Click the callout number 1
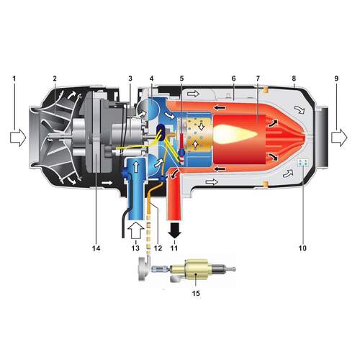click(14, 78)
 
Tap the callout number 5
click(181, 78)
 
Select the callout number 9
click(336, 78)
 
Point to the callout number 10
click(302, 248)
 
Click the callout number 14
click(96, 248)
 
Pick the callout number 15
click(196, 293)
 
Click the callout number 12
click(158, 248)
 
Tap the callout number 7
click(258, 78)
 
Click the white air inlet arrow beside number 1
click(18, 138)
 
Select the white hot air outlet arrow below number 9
click(339, 138)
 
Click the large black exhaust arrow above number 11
click(174, 230)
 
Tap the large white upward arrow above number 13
click(135, 230)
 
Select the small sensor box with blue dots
click(302, 163)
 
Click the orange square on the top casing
click(265, 90)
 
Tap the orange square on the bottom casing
click(265, 184)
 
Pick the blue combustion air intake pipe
click(136, 189)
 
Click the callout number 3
click(130, 78)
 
